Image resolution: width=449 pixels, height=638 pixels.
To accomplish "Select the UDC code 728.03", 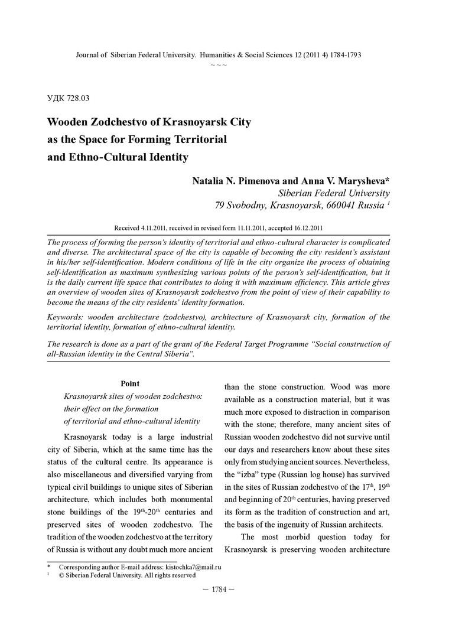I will coord(77,97).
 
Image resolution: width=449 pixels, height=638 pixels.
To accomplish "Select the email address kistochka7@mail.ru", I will coord(190,567).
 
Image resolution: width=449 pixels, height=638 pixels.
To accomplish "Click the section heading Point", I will coord(130,383).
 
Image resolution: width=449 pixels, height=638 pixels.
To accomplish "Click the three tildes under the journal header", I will coord(219,64).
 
